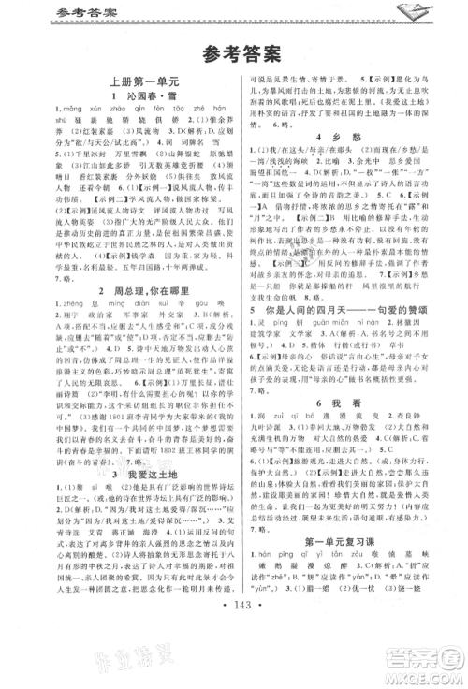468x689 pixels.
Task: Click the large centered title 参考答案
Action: (x=234, y=53)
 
